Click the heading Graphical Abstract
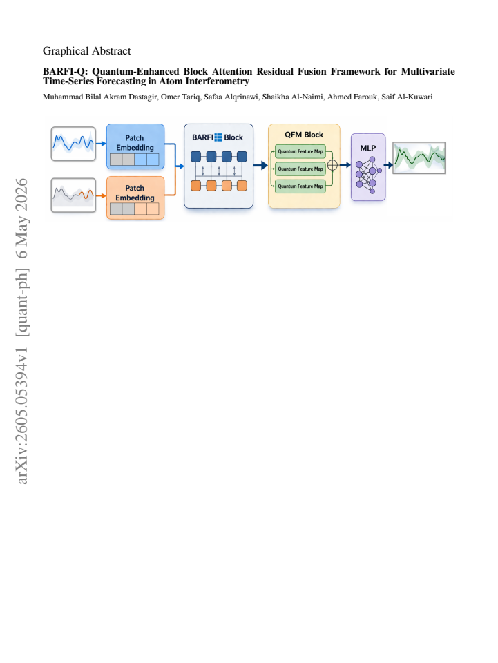pyautogui.click(x=86, y=51)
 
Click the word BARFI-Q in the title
pyautogui.click(x=65, y=71)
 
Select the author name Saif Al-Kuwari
pyautogui.click(x=407, y=97)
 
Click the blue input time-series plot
pyautogui.click(x=73, y=144)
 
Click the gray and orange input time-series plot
pyautogui.click(x=73, y=195)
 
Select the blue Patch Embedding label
pyautogui.click(x=135, y=142)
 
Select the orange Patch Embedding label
pyautogui.click(x=135, y=193)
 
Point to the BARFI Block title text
pyautogui.click(x=218, y=137)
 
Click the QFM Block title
pyautogui.click(x=304, y=135)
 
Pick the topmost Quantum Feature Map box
pyautogui.click(x=300, y=151)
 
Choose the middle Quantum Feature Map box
pyautogui.click(x=300, y=169)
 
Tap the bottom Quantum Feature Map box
pyautogui.click(x=300, y=186)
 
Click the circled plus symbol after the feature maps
pyautogui.click(x=333, y=165)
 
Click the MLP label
pyautogui.click(x=367, y=148)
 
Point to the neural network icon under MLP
pyautogui.click(x=368, y=175)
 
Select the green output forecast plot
pyautogui.click(x=419, y=157)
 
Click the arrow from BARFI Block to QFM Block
pyautogui.click(x=260, y=165)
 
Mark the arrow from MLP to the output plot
pyautogui.click(x=388, y=165)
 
